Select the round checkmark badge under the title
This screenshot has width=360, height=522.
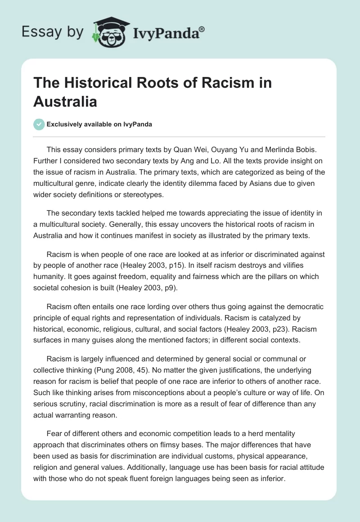[x=39, y=124]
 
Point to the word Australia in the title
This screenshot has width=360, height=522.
[x=65, y=101]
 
